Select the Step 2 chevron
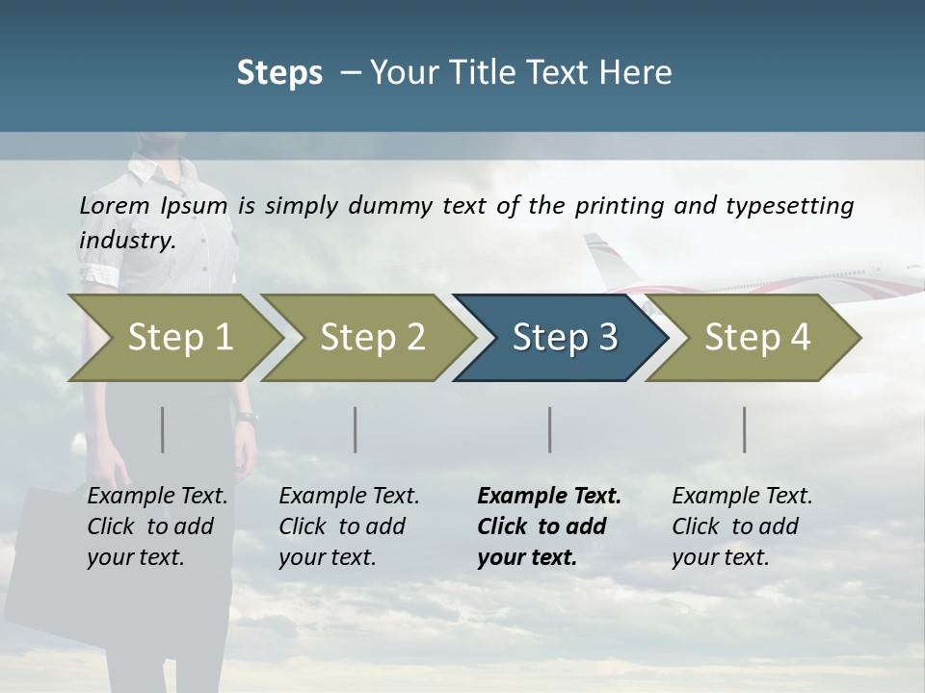point(370,337)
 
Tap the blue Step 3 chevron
point(563,337)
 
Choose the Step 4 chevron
point(755,337)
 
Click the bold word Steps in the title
point(279,73)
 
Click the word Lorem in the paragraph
point(115,205)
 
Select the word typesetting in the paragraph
point(790,206)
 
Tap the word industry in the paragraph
point(126,240)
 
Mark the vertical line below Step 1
point(163,429)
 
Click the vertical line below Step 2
point(356,429)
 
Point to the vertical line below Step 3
point(550,429)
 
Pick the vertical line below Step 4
point(745,429)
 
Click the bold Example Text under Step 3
point(549,497)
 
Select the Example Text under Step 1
point(157,497)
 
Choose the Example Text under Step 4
point(742,497)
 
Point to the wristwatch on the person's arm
point(248,417)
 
